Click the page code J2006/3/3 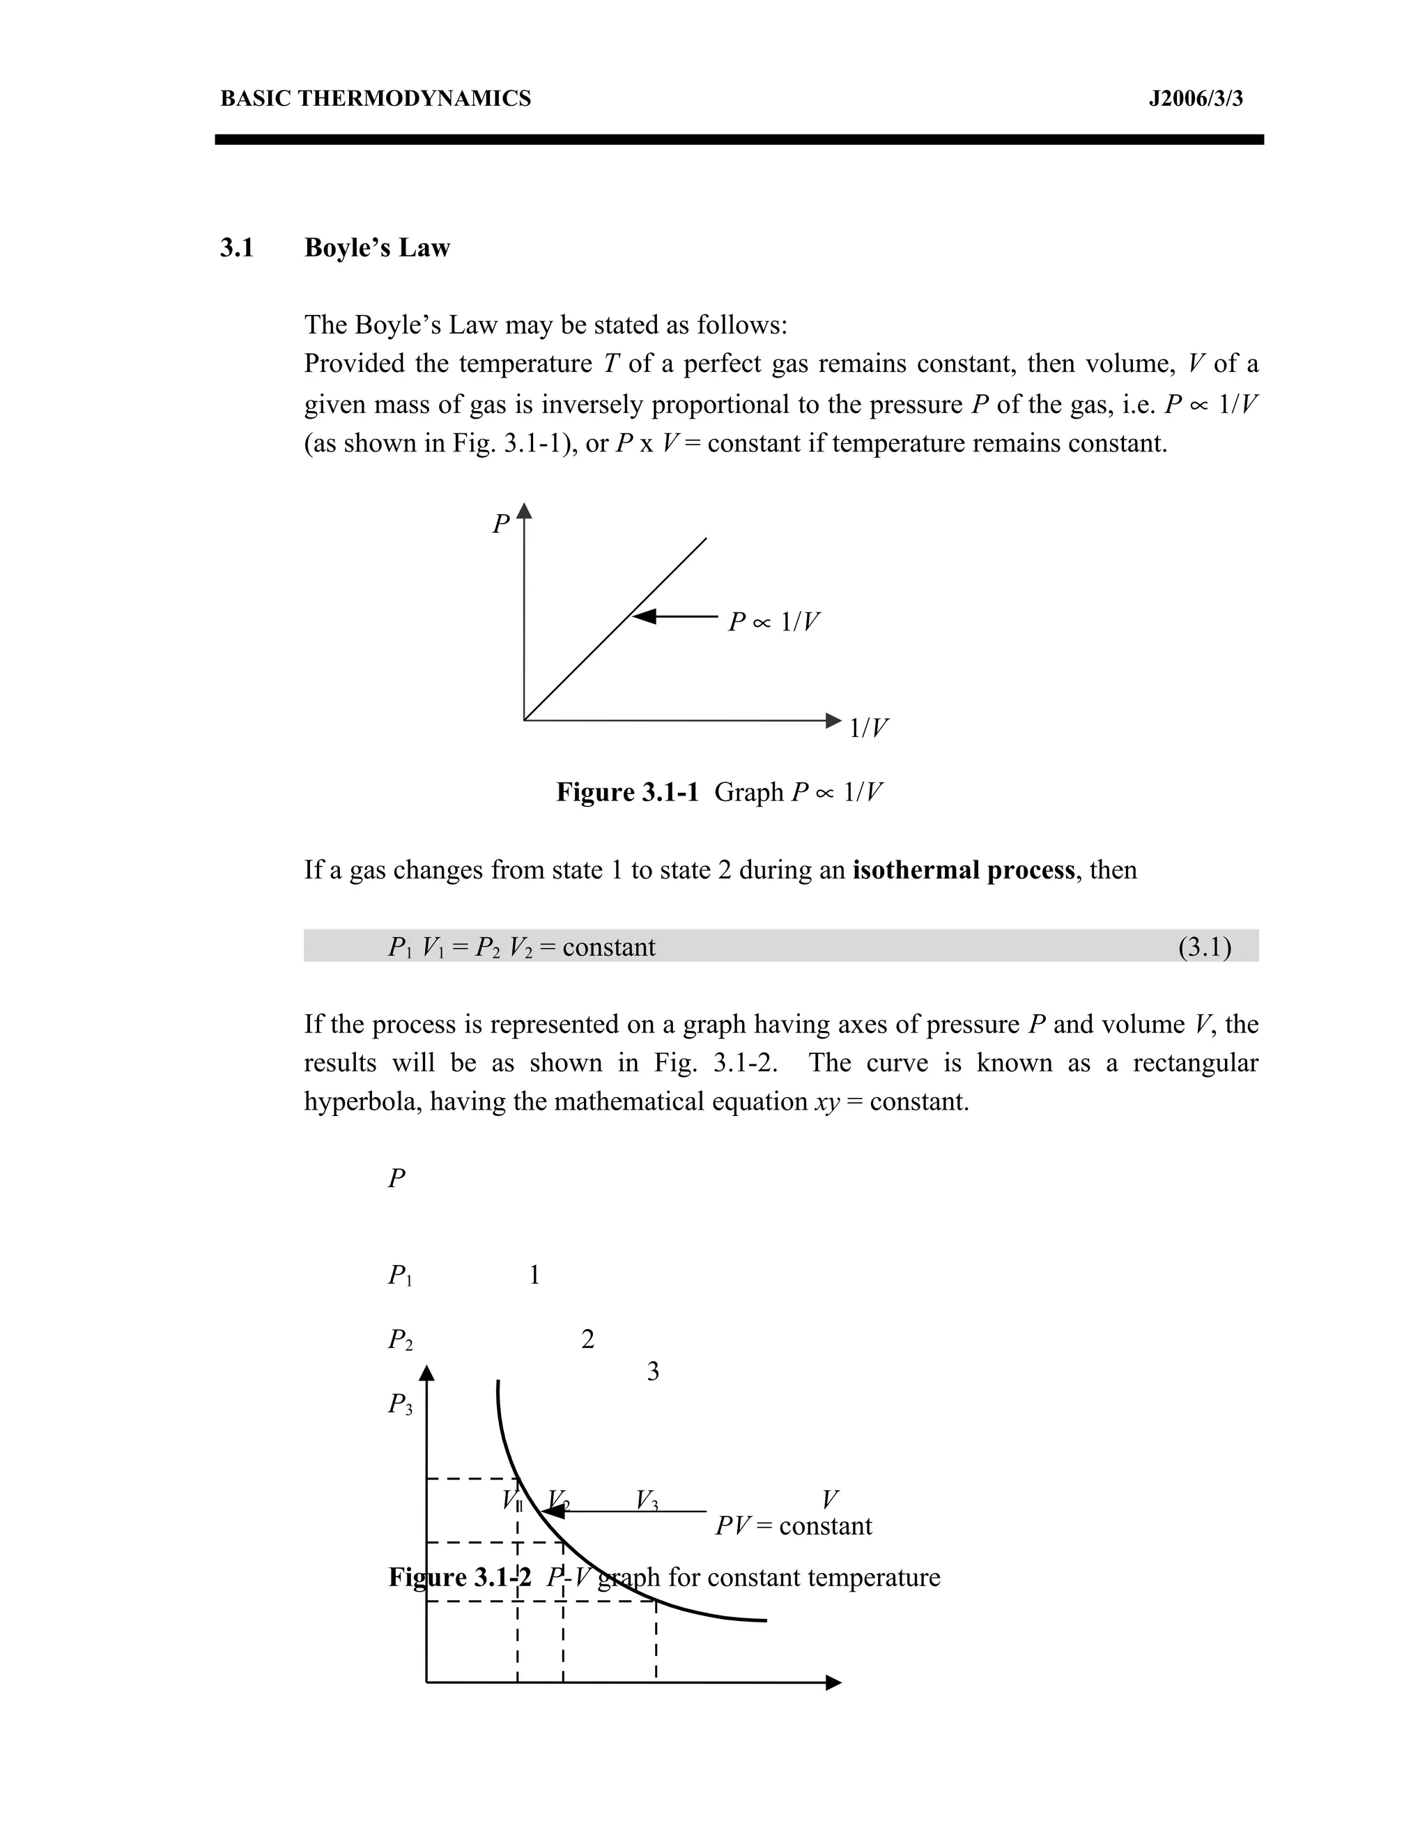(1196, 99)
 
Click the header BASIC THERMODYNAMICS (376, 99)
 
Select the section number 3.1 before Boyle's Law (237, 248)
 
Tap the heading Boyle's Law (377, 248)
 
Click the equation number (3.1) (1204, 947)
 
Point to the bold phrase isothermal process (963, 870)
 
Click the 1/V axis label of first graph (868, 728)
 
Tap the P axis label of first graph (501, 524)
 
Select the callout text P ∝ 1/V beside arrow (773, 622)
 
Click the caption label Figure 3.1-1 (627, 792)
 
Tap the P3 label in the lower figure (400, 1405)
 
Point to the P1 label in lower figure (400, 1275)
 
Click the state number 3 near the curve (653, 1372)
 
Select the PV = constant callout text (793, 1526)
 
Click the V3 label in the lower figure (647, 1500)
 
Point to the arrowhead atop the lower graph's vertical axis (427, 1374)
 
